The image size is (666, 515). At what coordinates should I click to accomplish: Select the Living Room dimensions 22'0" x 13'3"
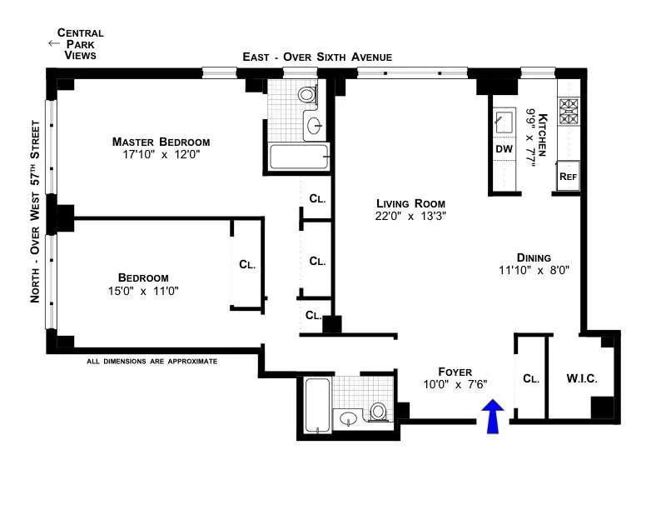pyautogui.click(x=410, y=217)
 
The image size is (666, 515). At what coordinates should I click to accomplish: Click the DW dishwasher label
pyautogui.click(x=504, y=149)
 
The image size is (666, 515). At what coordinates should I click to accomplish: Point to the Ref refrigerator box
pyautogui.click(x=569, y=176)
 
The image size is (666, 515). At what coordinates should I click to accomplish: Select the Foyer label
pyautogui.click(x=455, y=371)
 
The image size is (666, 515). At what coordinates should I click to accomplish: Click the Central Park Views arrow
pyautogui.click(x=54, y=43)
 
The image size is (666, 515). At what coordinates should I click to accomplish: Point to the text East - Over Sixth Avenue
pyautogui.click(x=316, y=57)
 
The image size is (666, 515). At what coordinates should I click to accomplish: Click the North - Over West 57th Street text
pyautogui.click(x=36, y=212)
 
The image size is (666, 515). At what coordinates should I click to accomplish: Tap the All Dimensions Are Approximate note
pyautogui.click(x=152, y=362)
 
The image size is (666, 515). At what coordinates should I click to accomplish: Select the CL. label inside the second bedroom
pyautogui.click(x=247, y=264)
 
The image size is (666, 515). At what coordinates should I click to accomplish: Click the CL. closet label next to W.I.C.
pyautogui.click(x=531, y=378)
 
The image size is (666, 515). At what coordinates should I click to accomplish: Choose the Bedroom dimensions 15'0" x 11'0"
pyautogui.click(x=143, y=291)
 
